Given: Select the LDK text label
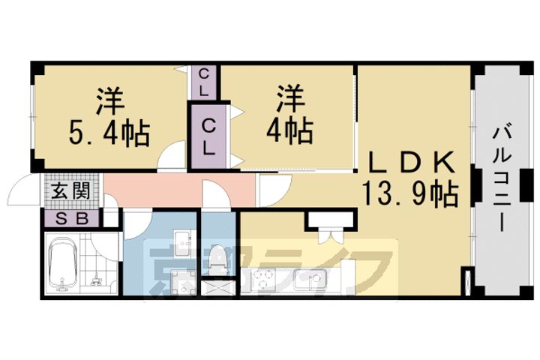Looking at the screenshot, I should coord(409,162).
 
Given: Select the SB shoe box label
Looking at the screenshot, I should coord(71,219).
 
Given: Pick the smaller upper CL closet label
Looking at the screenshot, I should coord(204,82).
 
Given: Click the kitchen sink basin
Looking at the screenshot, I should coord(308,282).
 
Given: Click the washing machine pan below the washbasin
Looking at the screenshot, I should coord(181,283).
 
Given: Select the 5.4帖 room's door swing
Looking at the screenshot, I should coord(172,156).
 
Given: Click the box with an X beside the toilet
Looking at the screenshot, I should coord(217,286).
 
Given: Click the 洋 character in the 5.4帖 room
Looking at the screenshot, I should coord(109,100).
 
